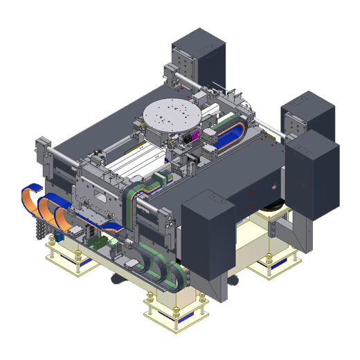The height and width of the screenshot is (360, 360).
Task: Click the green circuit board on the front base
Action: coord(97,243)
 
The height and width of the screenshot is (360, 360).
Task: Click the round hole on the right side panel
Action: coord(277,187)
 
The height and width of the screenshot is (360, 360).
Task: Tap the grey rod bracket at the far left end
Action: coord(43,150)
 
